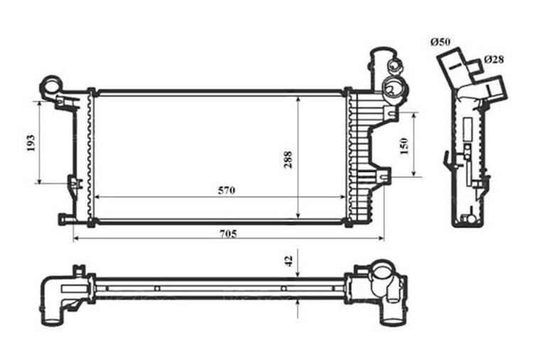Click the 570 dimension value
(227, 190)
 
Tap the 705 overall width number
(228, 234)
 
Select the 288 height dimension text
(288, 160)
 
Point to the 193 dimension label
(31, 143)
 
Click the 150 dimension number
(404, 146)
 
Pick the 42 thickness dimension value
(289, 261)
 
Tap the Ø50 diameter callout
(440, 42)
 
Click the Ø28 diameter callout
(494, 60)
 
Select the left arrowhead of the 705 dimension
(76, 239)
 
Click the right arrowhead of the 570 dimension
(343, 197)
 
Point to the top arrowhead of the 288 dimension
(298, 99)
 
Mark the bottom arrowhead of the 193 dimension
(40, 181)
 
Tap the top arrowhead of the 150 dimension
(414, 116)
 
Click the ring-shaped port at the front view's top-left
(51, 84)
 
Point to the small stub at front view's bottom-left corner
(65, 219)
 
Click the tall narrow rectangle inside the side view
(468, 129)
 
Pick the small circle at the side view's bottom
(471, 219)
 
